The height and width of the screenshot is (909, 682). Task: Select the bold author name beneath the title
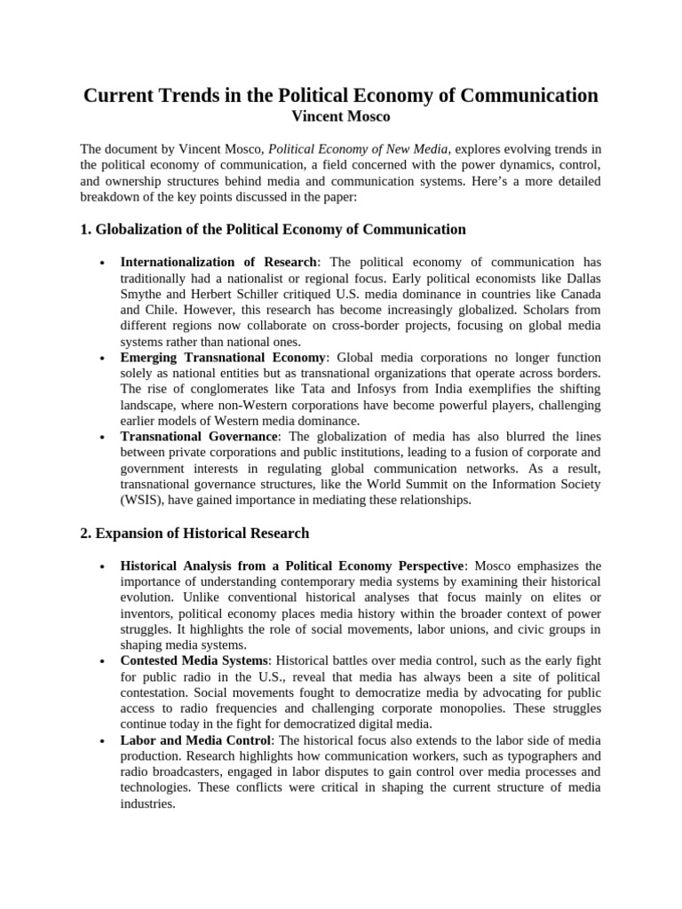[x=340, y=116]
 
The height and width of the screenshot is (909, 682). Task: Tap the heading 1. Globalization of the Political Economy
[x=273, y=229]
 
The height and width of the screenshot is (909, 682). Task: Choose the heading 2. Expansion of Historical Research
[x=194, y=534]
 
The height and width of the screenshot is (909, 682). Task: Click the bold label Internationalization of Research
[x=218, y=262]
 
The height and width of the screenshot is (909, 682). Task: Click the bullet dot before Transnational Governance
[x=104, y=438]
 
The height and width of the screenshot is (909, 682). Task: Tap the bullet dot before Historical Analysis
[x=104, y=566]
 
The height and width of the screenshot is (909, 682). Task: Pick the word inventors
[x=148, y=613]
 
